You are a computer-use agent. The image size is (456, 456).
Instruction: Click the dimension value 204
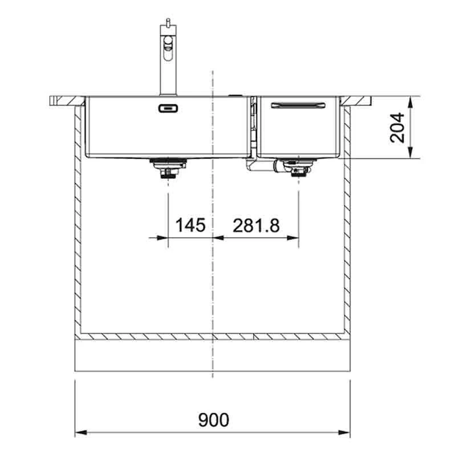(397, 128)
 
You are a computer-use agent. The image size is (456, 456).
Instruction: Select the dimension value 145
(190, 225)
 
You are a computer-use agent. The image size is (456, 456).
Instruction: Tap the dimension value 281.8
(256, 225)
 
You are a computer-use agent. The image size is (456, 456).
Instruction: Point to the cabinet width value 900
(213, 420)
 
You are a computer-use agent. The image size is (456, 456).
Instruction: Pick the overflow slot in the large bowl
(168, 108)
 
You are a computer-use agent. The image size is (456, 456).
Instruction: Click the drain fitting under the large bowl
(168, 168)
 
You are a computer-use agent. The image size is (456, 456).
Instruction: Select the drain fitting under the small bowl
(298, 168)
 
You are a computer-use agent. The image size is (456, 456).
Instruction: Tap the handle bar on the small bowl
(298, 105)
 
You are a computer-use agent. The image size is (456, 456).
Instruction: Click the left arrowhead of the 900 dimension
(81, 433)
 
